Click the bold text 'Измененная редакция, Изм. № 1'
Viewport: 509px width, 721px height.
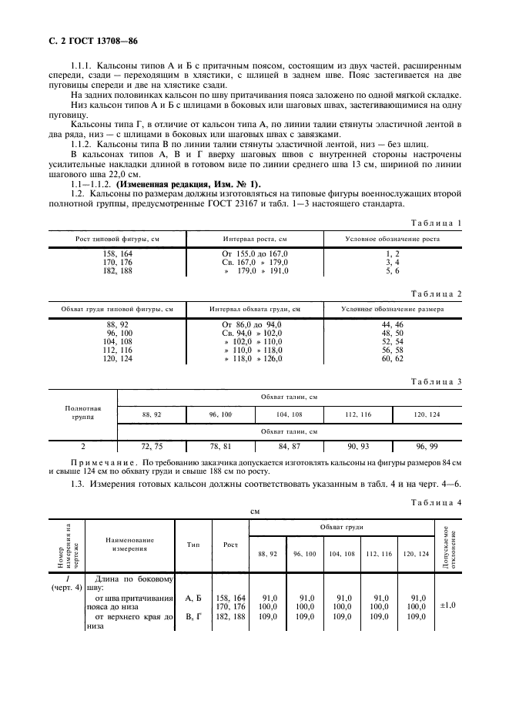click(203, 183)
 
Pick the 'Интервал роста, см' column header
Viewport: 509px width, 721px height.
click(255, 240)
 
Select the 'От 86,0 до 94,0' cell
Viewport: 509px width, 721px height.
click(252, 324)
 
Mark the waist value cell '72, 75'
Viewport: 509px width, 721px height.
click(152, 445)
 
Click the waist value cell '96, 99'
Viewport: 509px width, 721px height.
click(427, 445)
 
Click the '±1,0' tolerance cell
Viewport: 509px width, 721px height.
click(447, 605)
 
